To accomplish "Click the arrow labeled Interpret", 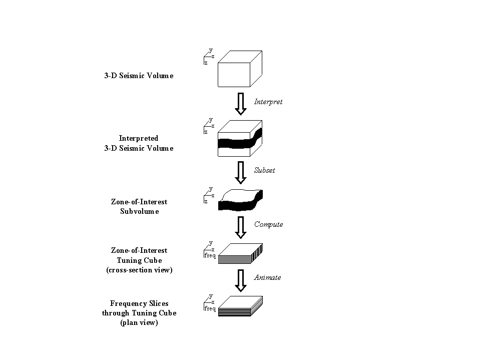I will click(241, 103).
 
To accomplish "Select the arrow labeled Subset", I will click(241, 171).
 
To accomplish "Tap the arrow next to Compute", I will click(241, 226).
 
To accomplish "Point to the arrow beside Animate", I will click(241, 280).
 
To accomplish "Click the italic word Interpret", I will click(268, 102).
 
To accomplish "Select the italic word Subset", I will click(265, 170).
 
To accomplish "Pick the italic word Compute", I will click(268, 224).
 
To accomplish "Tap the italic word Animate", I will click(268, 278).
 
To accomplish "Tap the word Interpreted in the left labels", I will click(139, 138).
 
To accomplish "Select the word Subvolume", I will click(139, 211).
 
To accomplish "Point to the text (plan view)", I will click(139, 323).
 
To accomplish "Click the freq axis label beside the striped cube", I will click(210, 255).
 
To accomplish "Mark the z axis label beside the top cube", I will click(206, 63).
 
